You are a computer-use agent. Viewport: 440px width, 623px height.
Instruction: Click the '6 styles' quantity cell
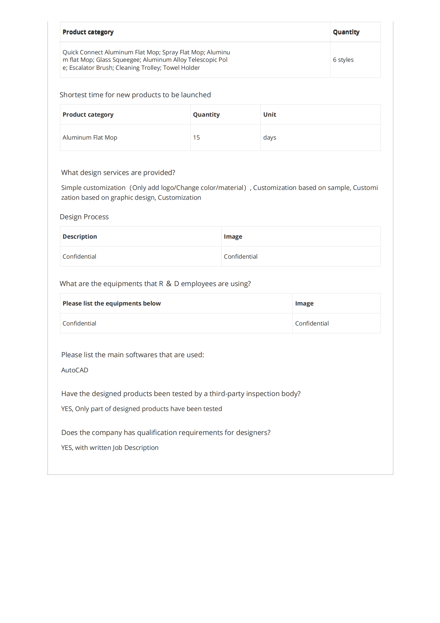click(x=343, y=60)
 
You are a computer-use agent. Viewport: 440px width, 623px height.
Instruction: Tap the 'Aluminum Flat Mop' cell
click(x=90, y=137)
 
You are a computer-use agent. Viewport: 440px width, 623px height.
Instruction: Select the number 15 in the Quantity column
click(x=196, y=137)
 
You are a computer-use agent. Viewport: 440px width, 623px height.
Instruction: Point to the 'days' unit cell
click(x=269, y=137)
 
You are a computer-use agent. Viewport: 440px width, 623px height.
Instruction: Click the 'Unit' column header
click(x=269, y=115)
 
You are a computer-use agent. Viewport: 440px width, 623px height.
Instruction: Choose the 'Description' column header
click(x=80, y=237)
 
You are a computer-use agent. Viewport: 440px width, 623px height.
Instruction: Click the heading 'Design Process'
click(x=84, y=217)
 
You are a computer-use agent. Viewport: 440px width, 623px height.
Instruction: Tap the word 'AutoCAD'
click(x=75, y=370)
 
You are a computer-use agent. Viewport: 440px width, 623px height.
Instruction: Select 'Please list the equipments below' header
click(x=112, y=303)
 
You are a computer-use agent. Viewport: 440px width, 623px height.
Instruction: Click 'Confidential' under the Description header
click(x=79, y=256)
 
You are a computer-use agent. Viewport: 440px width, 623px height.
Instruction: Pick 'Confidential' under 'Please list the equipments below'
click(x=79, y=323)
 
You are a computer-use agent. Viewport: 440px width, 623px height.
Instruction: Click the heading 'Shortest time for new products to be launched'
click(x=135, y=95)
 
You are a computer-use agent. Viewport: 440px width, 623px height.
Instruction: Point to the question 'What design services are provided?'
click(x=118, y=173)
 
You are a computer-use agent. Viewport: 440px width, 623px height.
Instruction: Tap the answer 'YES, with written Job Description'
click(x=109, y=448)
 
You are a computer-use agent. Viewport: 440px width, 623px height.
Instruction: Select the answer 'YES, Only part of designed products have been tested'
click(x=142, y=409)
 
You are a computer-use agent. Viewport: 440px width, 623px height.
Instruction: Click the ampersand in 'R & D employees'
click(x=168, y=284)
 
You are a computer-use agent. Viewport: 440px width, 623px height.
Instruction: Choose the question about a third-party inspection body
click(x=181, y=394)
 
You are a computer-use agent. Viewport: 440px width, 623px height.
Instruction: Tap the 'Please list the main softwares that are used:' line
click(x=133, y=355)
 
